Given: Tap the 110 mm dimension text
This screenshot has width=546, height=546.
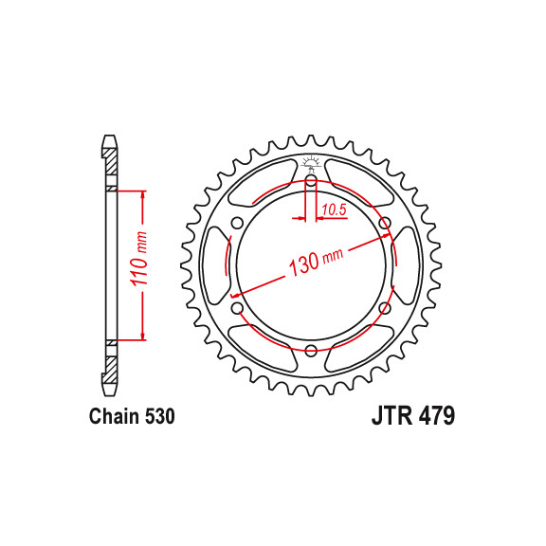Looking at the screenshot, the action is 139,258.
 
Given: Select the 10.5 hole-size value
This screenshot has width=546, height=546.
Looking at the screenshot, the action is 334,210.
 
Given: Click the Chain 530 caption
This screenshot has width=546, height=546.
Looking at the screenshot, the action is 132,416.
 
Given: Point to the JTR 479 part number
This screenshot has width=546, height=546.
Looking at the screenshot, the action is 413,416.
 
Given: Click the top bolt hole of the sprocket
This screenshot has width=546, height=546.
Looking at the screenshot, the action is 311,180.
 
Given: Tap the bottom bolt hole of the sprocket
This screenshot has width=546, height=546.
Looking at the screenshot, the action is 311,351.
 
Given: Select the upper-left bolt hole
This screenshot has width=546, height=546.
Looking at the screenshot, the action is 238,223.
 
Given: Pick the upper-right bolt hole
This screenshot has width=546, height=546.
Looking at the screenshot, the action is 385,223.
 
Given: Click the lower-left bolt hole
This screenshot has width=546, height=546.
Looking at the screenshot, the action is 238,308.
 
